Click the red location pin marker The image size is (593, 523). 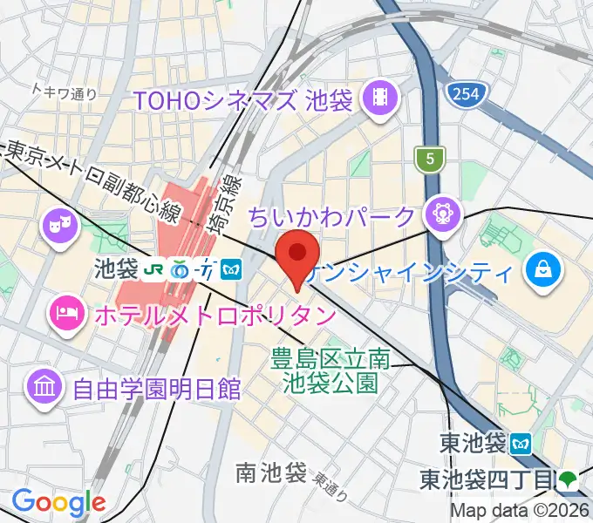pos(296,255)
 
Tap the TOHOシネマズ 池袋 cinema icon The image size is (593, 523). pos(380,98)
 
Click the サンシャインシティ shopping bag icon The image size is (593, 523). pos(542,268)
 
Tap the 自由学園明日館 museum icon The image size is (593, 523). pos(43,384)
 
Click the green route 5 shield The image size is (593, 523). pos(430,159)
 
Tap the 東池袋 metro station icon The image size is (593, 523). pos(521,443)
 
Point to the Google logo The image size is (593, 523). pos(58,502)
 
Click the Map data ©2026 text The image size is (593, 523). pos(521,512)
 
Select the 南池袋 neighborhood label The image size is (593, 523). pos(271,473)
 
